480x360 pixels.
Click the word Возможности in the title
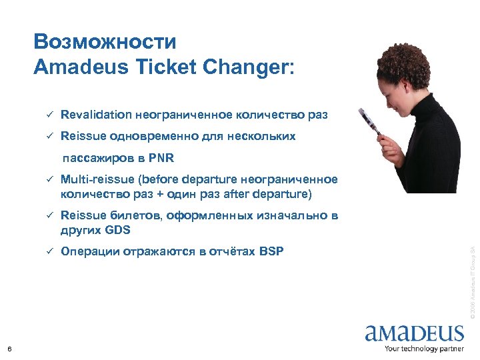click(105, 42)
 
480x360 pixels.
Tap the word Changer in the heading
click(251, 67)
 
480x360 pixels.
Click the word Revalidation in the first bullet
click(96, 115)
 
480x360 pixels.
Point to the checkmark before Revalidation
click(48, 115)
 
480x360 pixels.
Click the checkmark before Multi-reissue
click(48, 180)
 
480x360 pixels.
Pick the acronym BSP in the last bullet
click(271, 251)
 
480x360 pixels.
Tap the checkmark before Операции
click(48, 251)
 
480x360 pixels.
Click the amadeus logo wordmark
click(414, 333)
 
